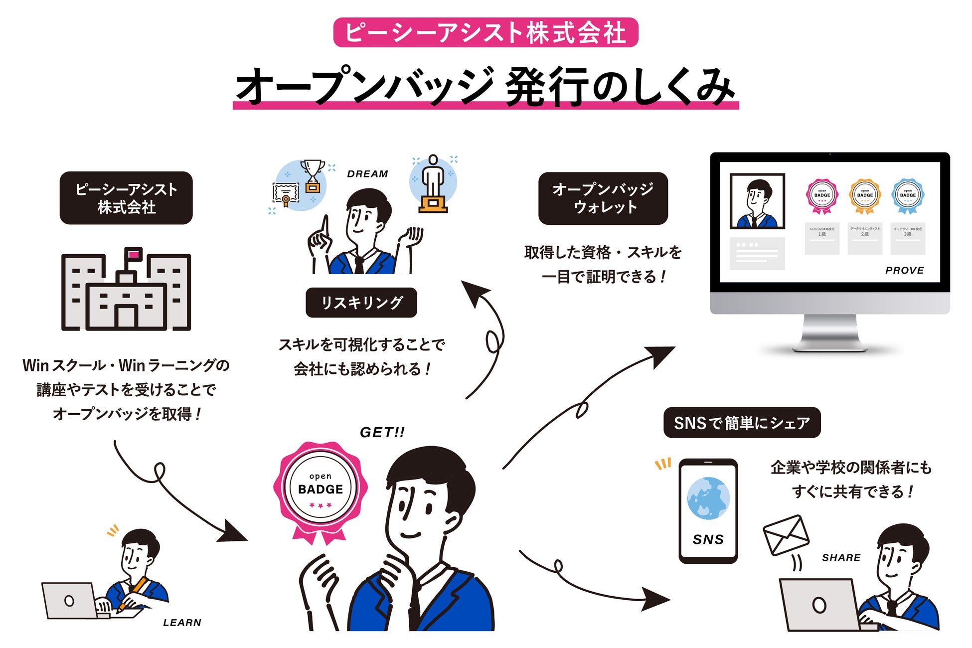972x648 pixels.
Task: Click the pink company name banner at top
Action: (486, 32)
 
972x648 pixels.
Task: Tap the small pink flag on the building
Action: (134, 255)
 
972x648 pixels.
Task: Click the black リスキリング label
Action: (361, 303)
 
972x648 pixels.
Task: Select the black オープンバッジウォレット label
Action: (603, 198)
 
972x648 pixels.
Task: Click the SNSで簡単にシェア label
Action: (742, 423)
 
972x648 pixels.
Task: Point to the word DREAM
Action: (367, 174)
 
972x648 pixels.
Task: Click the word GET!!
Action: (382, 432)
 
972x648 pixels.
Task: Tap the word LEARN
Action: (182, 623)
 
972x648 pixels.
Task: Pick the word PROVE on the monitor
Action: (905, 270)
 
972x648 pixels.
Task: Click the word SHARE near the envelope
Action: (841, 557)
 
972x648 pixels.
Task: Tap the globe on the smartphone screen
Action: (708, 498)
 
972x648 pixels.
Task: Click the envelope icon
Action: (786, 535)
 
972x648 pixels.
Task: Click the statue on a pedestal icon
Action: (433, 184)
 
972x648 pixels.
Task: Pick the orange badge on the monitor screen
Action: (865, 196)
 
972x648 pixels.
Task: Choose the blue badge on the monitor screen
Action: (908, 196)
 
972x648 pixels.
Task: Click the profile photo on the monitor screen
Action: (757, 201)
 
